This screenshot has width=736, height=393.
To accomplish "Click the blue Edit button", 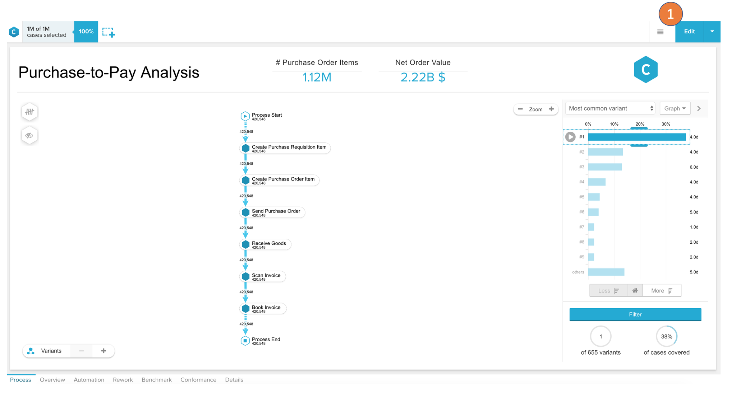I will [x=689, y=32].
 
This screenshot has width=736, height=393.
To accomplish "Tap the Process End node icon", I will [x=245, y=341].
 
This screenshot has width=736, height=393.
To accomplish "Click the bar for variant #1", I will [x=636, y=137].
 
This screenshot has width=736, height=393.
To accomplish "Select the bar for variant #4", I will [x=597, y=182].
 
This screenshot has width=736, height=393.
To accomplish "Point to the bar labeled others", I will [x=606, y=272].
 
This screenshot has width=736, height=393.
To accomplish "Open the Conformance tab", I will [x=198, y=380].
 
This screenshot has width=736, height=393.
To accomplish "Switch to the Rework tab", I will [x=123, y=380].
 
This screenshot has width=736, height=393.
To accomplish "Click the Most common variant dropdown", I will [x=610, y=108].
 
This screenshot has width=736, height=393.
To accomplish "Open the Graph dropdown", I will [x=675, y=108].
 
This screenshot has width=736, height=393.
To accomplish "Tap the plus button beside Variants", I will [x=103, y=351].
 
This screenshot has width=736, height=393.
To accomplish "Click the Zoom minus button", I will [x=520, y=109].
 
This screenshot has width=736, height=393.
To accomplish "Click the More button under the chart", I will [x=661, y=291].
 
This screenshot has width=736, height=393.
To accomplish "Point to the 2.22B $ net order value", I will [x=423, y=77].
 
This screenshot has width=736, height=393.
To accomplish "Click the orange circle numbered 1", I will [x=670, y=14].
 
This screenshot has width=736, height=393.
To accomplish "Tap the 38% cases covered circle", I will [x=666, y=337].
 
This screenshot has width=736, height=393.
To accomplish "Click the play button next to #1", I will [x=570, y=137].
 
